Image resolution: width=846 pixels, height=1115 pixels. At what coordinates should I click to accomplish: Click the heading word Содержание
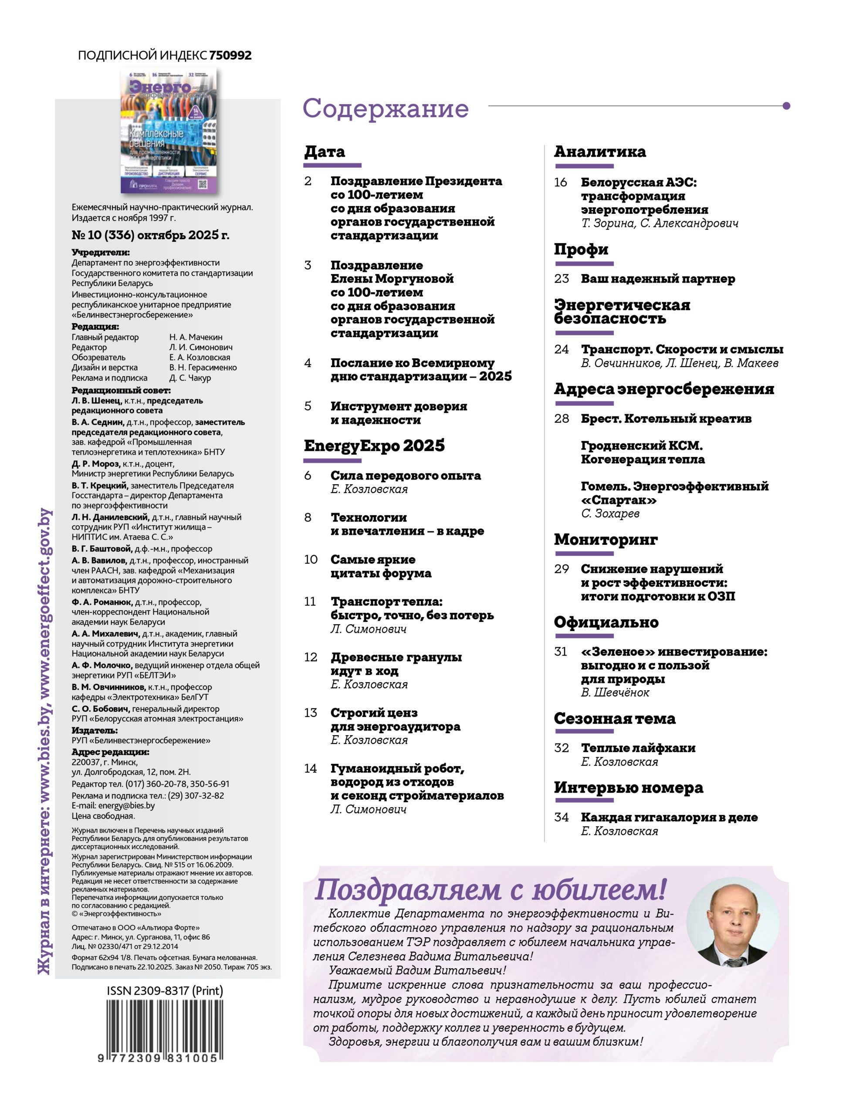(x=385, y=108)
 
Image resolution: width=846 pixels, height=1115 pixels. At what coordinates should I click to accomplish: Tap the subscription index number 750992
(x=230, y=55)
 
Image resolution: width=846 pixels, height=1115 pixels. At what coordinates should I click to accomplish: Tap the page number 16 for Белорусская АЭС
(x=561, y=182)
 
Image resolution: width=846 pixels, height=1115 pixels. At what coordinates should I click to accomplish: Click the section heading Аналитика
(x=599, y=151)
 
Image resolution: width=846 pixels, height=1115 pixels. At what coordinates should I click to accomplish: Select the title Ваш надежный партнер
(x=657, y=278)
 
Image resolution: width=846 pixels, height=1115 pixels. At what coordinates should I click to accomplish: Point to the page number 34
(x=561, y=817)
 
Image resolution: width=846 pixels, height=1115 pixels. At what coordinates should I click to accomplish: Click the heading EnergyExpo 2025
(x=374, y=445)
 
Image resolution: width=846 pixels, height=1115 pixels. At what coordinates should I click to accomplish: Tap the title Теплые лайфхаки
(x=638, y=747)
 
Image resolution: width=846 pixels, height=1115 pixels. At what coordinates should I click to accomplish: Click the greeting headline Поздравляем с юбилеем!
(x=490, y=889)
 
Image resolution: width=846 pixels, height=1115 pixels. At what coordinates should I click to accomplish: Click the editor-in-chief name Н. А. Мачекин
(x=196, y=337)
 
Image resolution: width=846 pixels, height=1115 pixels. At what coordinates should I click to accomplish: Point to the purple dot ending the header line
(x=786, y=106)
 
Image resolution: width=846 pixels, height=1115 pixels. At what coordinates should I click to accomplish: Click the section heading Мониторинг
(x=606, y=539)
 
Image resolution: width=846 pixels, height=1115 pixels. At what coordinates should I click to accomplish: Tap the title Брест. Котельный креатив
(x=666, y=419)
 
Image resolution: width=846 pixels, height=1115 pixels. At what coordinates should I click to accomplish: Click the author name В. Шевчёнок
(x=615, y=692)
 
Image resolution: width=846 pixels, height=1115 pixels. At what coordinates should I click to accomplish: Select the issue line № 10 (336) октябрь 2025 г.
(x=150, y=235)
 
